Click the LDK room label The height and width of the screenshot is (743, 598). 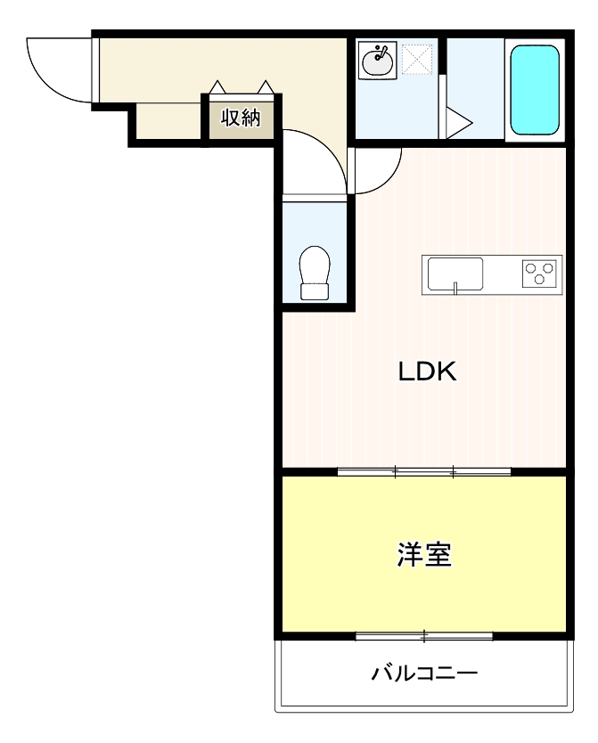pyautogui.click(x=427, y=371)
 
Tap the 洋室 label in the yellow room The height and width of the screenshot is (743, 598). pyautogui.click(x=424, y=555)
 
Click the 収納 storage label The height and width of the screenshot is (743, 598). pyautogui.click(x=241, y=117)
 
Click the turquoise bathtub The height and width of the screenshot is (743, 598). pyautogui.click(x=535, y=89)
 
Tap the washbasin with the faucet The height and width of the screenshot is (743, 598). pyautogui.click(x=378, y=61)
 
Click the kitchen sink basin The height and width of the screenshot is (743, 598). pyautogui.click(x=455, y=273)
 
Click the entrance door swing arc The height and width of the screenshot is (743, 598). pyautogui.click(x=58, y=68)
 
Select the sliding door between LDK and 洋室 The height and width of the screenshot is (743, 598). pyautogui.click(x=424, y=471)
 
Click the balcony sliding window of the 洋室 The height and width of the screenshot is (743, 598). pyautogui.click(x=424, y=636)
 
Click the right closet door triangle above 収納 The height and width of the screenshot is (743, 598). pyautogui.click(x=266, y=87)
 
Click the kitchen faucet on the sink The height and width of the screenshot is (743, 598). pyautogui.click(x=455, y=286)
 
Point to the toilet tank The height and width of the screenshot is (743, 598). pyautogui.click(x=315, y=290)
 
